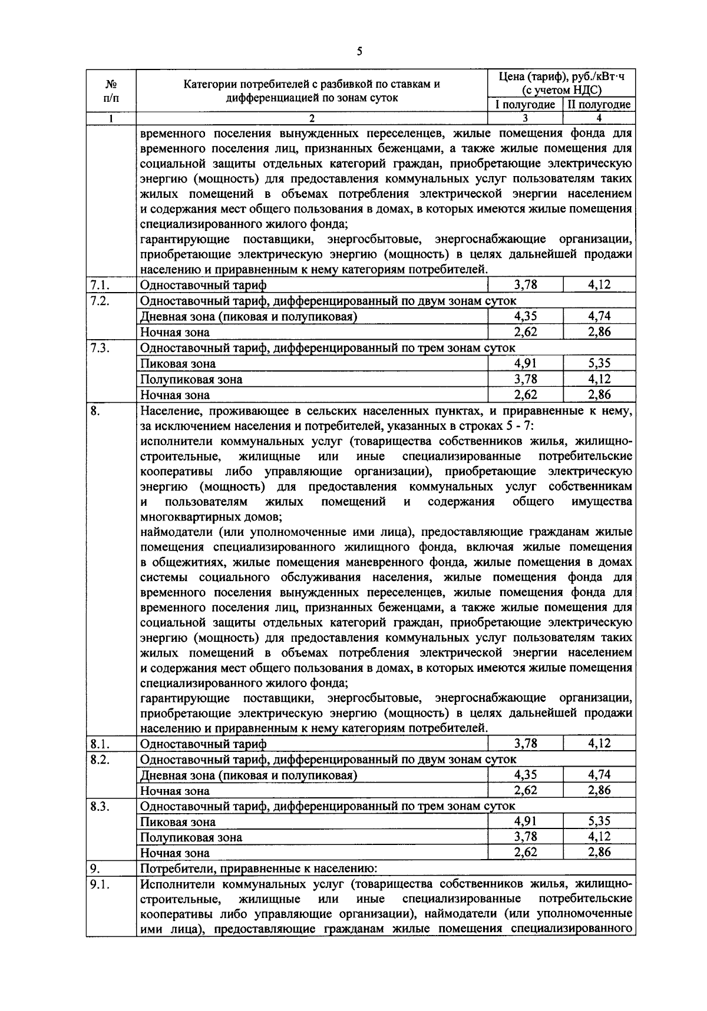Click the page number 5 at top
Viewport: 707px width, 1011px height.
[359, 52]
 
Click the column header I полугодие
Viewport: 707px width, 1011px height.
[524, 105]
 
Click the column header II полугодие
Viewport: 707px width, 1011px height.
[599, 105]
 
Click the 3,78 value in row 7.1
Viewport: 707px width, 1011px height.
[525, 285]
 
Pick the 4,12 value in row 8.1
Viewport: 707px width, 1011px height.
[599, 743]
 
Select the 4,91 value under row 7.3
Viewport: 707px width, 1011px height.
[525, 363]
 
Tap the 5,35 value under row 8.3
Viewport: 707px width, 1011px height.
[599, 821]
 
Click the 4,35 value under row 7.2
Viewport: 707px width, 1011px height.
[525, 316]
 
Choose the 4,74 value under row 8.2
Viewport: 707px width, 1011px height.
[599, 774]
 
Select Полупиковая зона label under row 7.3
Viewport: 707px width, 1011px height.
[191, 380]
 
